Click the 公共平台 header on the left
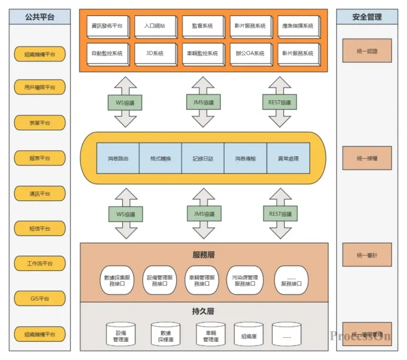40,17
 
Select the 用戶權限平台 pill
40,87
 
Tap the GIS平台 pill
40,298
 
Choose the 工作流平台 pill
40,263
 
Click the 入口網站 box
155,26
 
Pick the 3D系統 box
155,53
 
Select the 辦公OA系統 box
250,53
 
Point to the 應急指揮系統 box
298,26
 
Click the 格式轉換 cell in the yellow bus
161,159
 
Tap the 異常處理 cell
288,159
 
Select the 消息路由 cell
118,159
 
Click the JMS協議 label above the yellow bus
204,102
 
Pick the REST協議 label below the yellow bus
280,214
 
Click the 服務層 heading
204,255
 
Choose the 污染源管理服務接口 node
245,280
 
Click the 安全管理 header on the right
367,17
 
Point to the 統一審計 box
367,255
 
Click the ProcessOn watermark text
360,336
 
